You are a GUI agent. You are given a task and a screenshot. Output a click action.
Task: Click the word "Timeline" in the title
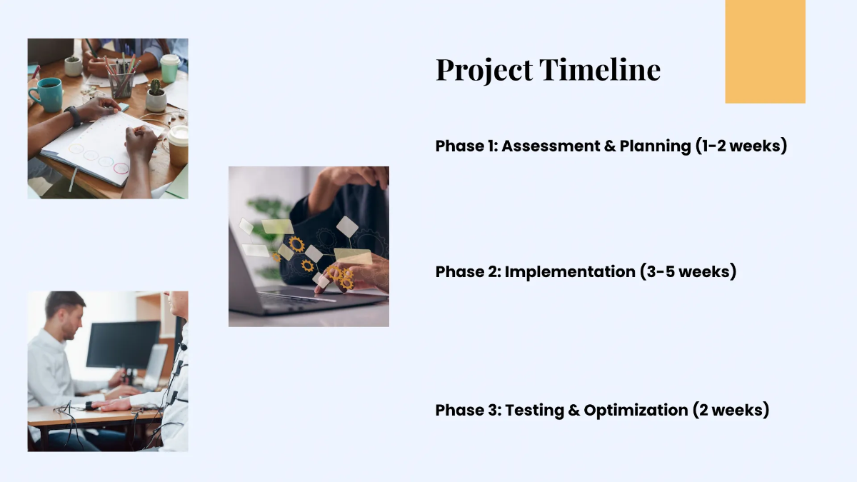pos(600,70)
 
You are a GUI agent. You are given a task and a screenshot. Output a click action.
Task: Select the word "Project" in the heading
pos(484,70)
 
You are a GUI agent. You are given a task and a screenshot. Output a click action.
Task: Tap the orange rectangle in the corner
pos(765,51)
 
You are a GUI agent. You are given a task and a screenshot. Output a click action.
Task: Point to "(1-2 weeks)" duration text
pos(741,146)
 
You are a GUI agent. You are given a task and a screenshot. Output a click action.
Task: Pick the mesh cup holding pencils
pos(121,84)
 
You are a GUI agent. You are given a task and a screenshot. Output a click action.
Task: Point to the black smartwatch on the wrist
pos(73,116)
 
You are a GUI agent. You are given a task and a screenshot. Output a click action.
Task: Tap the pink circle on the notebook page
pos(121,169)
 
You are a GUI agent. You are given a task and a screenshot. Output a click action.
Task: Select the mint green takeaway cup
pos(170,68)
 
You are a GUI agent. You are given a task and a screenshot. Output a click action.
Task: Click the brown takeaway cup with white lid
pos(178,144)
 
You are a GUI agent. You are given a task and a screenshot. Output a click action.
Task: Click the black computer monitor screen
pos(123,344)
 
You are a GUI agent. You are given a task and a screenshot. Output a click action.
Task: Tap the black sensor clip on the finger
pos(89,405)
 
